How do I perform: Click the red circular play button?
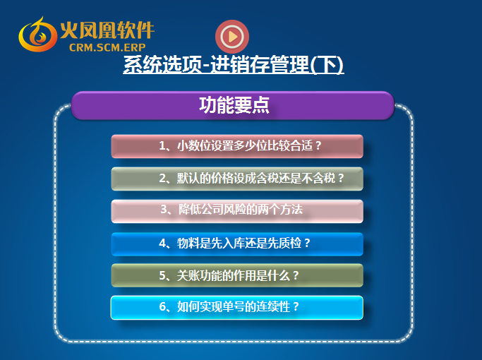[x=232, y=37]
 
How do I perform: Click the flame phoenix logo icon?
[x=37, y=35]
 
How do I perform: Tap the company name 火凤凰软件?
[x=107, y=30]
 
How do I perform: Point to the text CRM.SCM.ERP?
[x=107, y=47]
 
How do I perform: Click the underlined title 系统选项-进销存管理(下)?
[x=234, y=64]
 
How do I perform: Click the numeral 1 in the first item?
[x=162, y=145]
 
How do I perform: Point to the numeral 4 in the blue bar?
[x=162, y=244]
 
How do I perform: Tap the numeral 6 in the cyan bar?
[x=162, y=306]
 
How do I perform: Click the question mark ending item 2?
[x=341, y=178]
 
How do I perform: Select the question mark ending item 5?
[x=296, y=275]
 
